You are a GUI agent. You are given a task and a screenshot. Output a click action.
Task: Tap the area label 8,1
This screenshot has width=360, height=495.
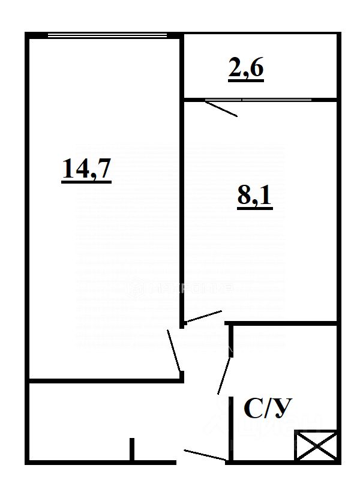(255, 197)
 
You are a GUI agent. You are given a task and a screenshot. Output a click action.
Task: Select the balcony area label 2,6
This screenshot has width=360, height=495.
(246, 70)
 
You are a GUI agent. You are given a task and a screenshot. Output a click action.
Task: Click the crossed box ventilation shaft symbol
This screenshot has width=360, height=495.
(316, 446)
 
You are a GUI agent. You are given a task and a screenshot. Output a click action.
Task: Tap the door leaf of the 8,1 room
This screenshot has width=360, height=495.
(204, 317)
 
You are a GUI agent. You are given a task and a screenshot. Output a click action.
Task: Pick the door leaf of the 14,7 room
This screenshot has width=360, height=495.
(174, 350)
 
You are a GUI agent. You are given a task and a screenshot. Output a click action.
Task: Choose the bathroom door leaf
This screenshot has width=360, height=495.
(224, 375)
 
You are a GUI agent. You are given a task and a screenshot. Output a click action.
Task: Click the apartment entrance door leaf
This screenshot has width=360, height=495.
(205, 455)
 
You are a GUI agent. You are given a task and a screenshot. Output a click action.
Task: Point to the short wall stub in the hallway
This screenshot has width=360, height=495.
(132, 449)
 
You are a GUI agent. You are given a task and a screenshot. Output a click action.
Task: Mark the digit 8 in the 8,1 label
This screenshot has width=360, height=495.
(245, 197)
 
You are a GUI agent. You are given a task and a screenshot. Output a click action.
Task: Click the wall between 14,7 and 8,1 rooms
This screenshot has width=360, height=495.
(182, 180)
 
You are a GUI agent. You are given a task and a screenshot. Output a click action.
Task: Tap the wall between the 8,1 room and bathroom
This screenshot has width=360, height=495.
(282, 324)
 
